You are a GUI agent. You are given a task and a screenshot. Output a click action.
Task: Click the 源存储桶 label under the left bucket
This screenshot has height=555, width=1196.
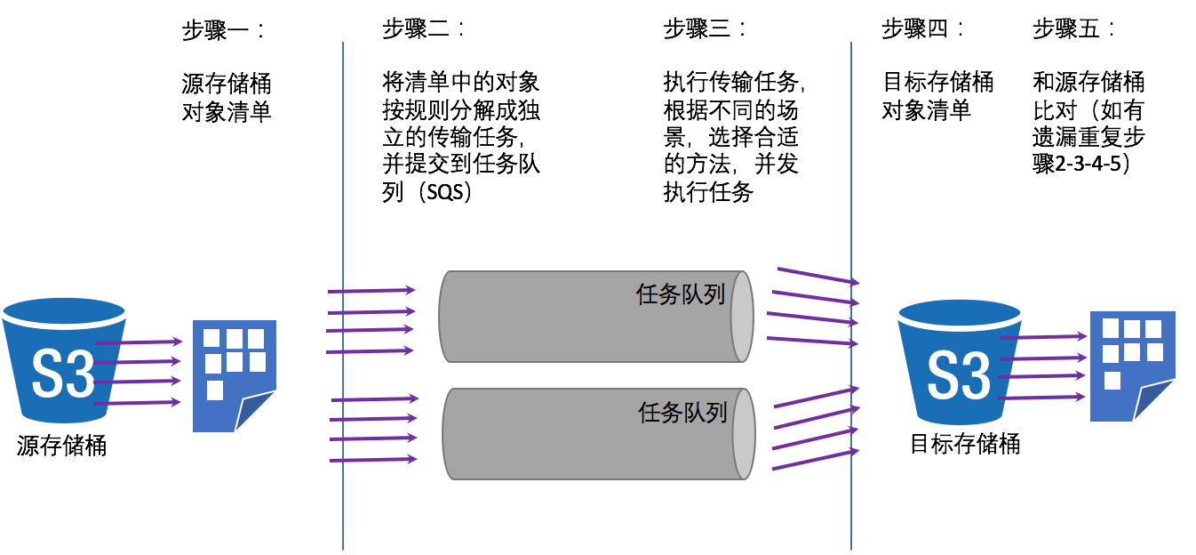click(62, 446)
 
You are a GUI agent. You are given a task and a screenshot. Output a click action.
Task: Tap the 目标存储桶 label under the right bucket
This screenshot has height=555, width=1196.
click(965, 443)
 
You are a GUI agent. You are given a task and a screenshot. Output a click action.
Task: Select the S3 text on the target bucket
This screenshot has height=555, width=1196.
click(959, 375)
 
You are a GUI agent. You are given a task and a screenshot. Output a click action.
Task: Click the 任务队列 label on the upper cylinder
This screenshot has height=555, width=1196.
click(681, 294)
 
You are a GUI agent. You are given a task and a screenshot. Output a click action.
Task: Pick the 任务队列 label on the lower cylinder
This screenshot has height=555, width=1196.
click(682, 412)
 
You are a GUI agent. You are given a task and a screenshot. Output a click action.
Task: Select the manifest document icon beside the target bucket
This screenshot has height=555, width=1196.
click(1132, 366)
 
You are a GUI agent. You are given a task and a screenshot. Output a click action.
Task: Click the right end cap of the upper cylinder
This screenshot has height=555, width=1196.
click(742, 317)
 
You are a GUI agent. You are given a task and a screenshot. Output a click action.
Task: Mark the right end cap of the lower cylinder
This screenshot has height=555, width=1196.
click(744, 434)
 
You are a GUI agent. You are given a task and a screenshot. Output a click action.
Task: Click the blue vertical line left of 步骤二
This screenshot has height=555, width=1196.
click(343, 294)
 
